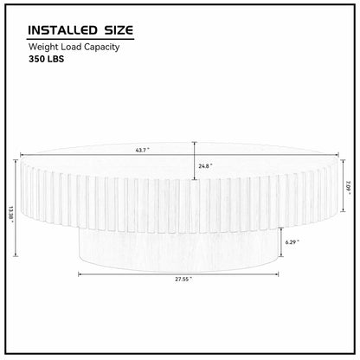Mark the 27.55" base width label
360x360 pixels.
tap(181, 280)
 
